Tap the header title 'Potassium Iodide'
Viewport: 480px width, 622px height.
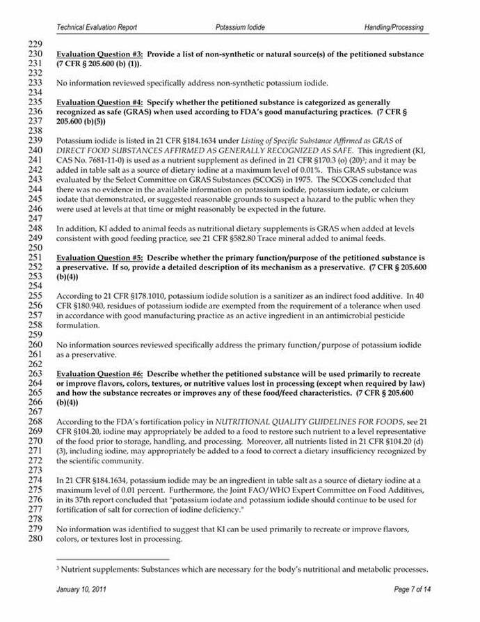240,27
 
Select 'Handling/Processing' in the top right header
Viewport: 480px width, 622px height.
393,27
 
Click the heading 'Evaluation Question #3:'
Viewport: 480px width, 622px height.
99,54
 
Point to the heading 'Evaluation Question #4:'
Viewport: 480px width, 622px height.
99,102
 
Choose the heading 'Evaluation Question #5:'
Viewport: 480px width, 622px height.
99,258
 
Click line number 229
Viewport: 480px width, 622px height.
35,45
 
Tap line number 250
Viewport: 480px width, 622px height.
35,247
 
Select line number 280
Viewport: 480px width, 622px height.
35,538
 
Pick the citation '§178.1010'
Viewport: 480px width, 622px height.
148,296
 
